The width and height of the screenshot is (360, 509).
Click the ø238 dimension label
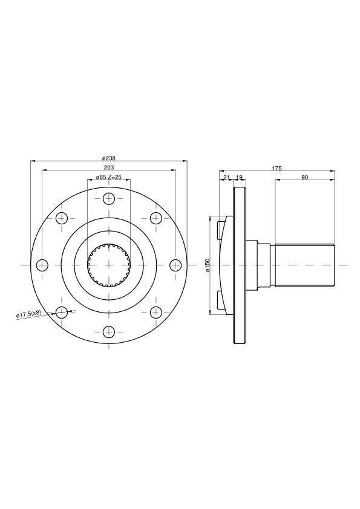(108, 158)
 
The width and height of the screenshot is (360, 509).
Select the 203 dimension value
(108, 167)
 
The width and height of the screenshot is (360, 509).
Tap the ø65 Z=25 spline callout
(109, 177)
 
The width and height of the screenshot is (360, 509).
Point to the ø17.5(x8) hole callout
(29, 314)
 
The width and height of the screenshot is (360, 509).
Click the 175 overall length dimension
(277, 168)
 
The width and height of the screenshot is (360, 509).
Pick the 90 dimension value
(304, 177)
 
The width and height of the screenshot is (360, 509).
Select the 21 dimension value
(226, 177)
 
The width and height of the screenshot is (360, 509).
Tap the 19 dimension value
(239, 177)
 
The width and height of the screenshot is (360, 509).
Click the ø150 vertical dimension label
(208, 265)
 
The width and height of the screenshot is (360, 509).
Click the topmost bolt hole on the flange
(109, 199)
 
